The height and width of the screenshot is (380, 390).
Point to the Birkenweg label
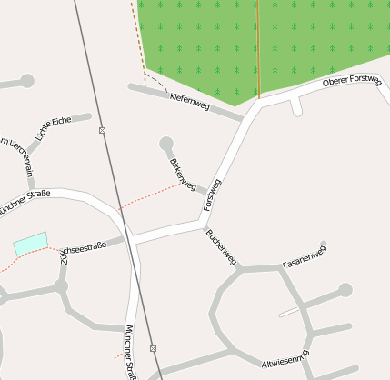click(182, 175)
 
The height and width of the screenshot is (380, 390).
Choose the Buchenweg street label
click(221, 247)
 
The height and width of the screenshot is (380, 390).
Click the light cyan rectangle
click(29, 243)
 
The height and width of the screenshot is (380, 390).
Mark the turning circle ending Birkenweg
click(165, 143)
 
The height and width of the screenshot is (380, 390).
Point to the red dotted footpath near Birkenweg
click(150, 195)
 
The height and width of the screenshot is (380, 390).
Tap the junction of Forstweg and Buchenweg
click(201, 222)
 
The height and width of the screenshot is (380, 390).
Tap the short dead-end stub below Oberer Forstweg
click(296, 107)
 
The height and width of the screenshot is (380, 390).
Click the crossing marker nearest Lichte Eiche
click(103, 130)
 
